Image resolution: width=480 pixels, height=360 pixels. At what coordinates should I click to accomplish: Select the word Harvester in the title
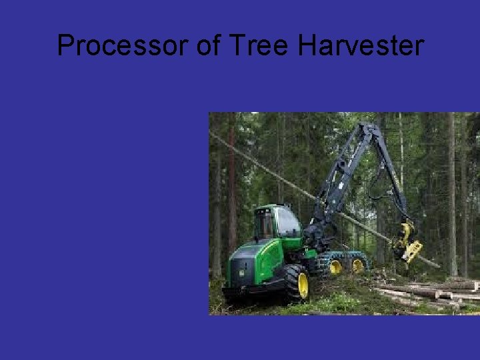(360, 46)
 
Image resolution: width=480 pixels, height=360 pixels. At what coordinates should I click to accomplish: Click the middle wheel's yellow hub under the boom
(335, 267)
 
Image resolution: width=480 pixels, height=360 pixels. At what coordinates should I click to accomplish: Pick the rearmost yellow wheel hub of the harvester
(358, 265)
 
